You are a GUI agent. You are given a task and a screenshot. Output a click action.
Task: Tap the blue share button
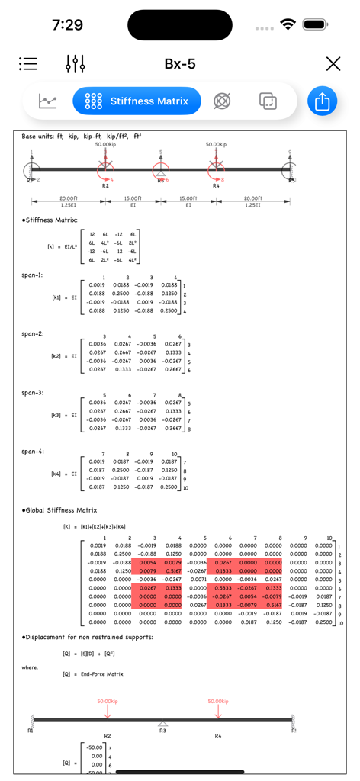click(322, 101)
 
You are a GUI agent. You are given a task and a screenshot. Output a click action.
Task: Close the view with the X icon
click(333, 63)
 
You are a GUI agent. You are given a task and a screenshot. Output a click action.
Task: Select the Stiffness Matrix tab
click(137, 101)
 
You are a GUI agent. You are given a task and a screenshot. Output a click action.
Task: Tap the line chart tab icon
click(48, 101)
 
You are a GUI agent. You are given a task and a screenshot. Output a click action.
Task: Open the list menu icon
click(28, 63)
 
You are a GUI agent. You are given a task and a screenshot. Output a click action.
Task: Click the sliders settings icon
click(75, 63)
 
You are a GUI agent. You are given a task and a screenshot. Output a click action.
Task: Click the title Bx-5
click(180, 63)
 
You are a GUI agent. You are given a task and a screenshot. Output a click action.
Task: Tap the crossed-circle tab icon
click(222, 101)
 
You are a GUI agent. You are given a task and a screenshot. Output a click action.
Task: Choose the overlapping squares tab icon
click(268, 101)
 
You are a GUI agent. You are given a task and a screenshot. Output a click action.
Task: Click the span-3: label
click(33, 393)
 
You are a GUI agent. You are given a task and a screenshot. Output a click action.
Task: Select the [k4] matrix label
click(56, 474)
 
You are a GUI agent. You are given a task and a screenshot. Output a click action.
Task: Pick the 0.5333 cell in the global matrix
click(223, 588)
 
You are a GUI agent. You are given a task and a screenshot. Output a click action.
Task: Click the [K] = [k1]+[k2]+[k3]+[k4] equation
click(94, 526)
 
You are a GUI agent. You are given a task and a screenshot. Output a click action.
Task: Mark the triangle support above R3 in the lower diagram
click(162, 723)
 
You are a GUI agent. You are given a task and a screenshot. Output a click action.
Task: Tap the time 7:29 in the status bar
click(67, 24)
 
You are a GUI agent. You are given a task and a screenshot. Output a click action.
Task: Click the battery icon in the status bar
click(315, 24)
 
